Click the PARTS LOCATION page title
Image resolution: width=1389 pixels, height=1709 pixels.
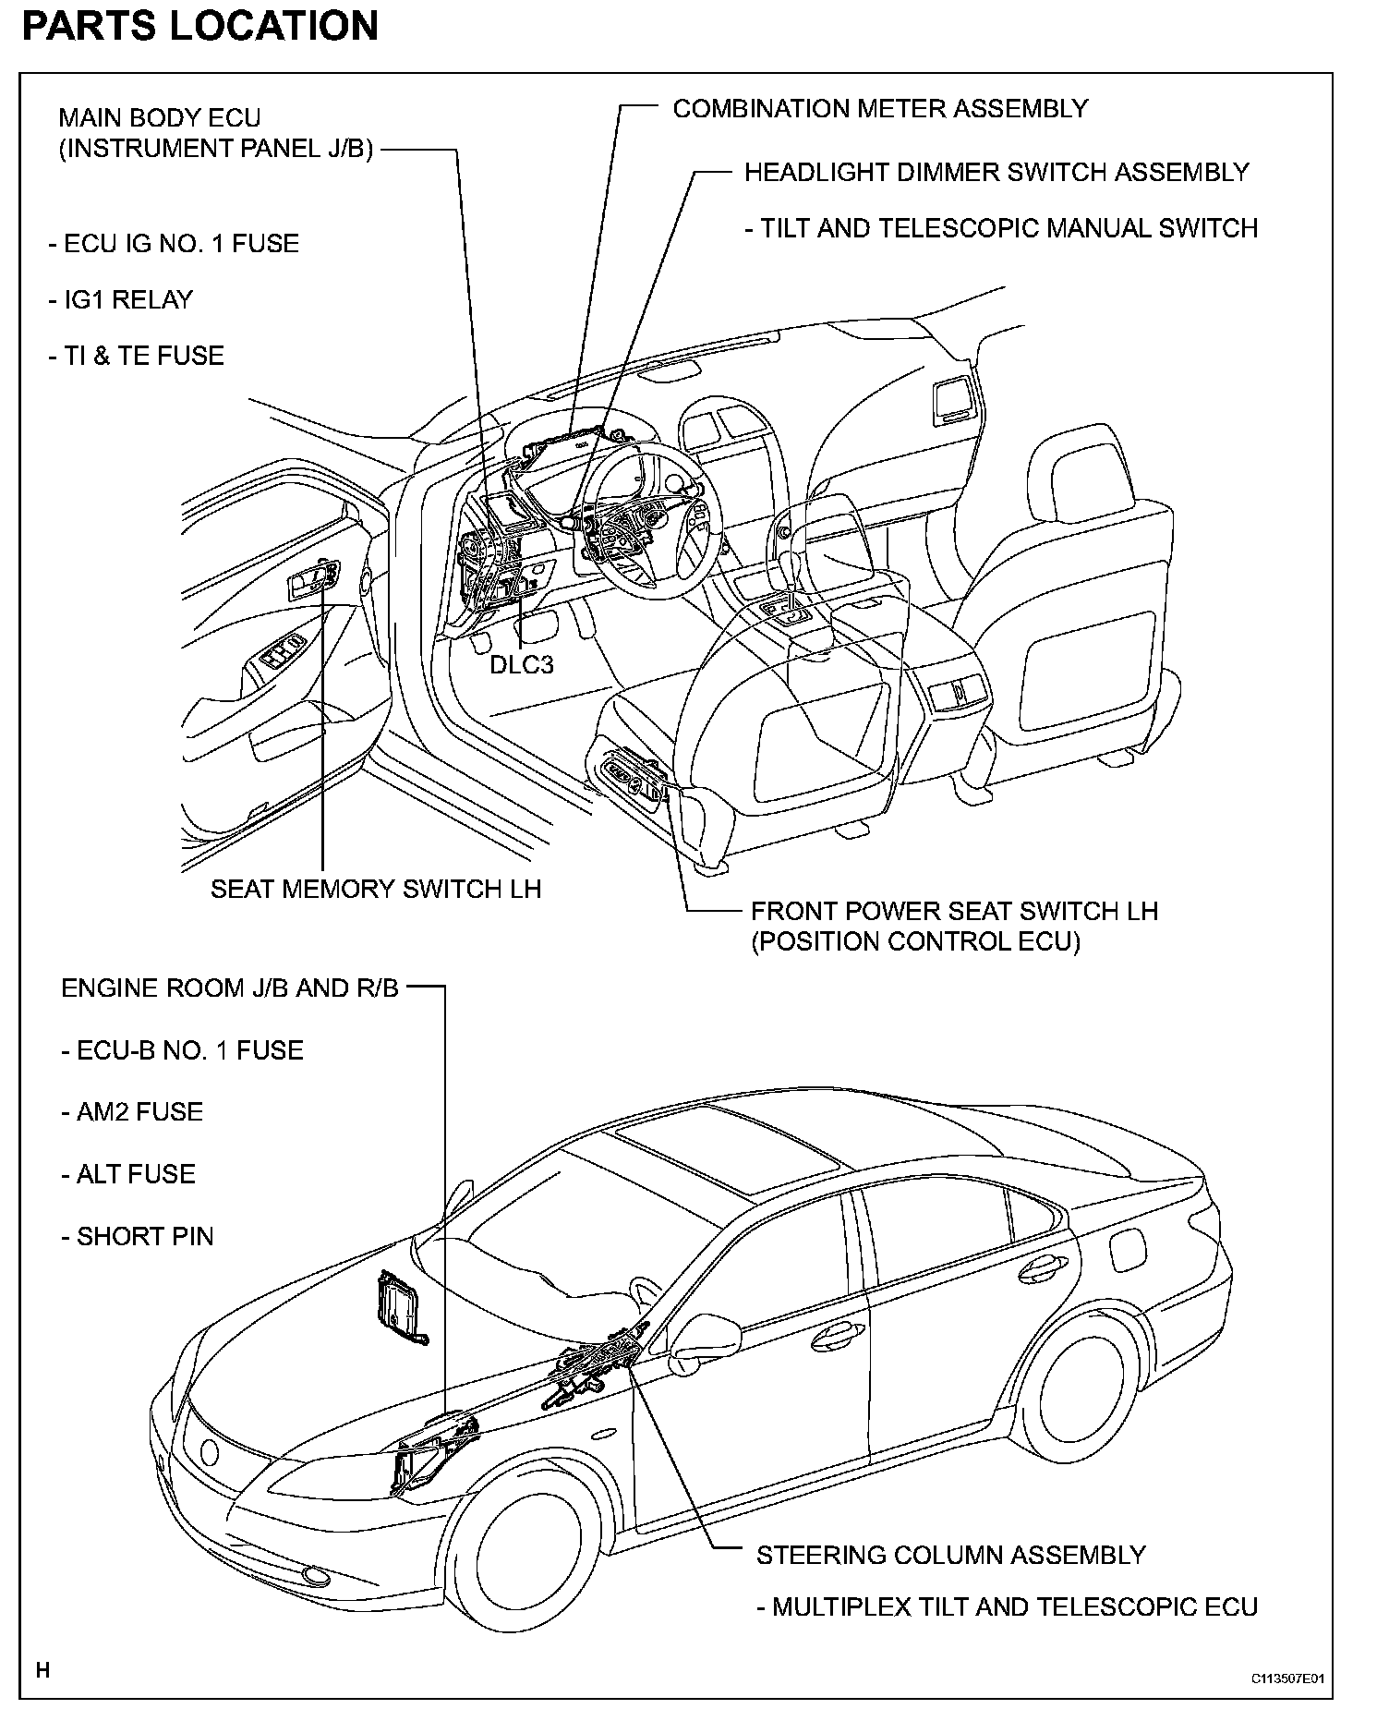199,25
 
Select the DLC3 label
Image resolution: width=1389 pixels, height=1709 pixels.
521,664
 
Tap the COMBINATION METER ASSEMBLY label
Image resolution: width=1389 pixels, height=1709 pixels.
880,109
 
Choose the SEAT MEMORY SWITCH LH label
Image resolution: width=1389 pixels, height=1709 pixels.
376,889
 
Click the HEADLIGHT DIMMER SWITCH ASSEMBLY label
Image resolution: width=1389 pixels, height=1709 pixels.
996,173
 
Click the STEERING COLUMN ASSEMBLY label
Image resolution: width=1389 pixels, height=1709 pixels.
950,1555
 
